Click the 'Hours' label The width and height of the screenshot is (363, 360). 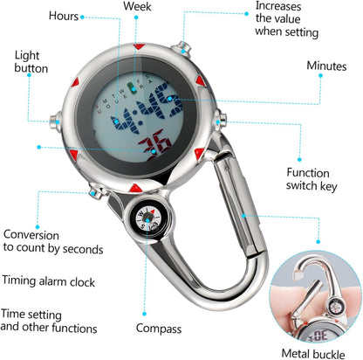tap(64, 16)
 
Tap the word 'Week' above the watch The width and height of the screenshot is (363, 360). tap(137, 6)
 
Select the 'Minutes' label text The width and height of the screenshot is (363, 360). tap(326, 66)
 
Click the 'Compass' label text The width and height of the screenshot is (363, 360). tap(159, 329)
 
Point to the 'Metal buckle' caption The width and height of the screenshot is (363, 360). tap(313, 354)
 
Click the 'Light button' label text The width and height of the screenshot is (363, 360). tap(31, 62)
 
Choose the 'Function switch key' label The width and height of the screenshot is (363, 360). tap(312, 179)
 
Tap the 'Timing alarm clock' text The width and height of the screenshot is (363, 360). tap(49, 281)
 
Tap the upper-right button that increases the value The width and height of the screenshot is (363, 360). tap(182, 47)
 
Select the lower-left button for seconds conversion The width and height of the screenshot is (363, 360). tap(95, 192)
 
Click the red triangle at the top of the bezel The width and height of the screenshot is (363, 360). tap(139, 46)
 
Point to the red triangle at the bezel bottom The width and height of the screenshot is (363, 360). tap(136, 188)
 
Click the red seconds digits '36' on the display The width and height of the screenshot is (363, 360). tap(154, 145)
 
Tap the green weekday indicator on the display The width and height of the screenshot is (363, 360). tap(132, 88)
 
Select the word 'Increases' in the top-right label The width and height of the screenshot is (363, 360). tap(278, 6)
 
